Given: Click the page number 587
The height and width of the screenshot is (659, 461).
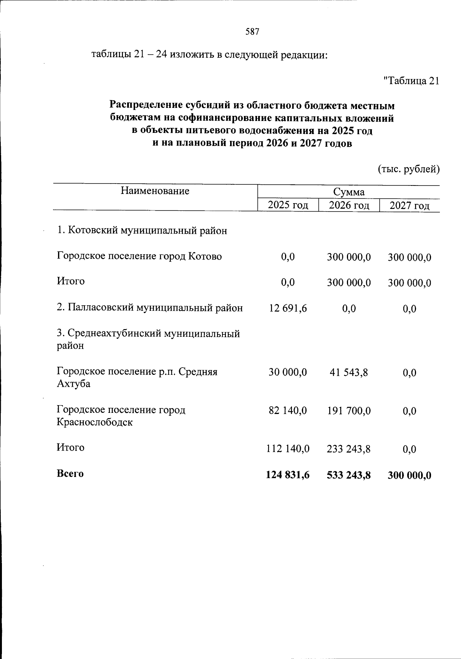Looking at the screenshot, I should pos(252,32).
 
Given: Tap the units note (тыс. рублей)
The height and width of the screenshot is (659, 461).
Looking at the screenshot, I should pos(408,169).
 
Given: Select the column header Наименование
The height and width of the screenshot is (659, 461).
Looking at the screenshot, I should pos(155,191).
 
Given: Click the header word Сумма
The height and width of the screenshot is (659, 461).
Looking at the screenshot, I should pos(348,192).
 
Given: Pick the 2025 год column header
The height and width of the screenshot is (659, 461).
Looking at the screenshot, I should pos(288,205).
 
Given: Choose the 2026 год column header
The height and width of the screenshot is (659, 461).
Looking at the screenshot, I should pos(349,205).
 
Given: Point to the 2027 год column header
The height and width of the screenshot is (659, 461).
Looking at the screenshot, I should pos(410,206).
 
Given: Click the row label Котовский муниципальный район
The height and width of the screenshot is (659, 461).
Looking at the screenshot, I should pos(142,231).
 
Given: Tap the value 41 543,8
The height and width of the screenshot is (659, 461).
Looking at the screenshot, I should pos(349,372).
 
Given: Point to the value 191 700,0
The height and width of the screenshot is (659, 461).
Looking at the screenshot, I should pos(349,411).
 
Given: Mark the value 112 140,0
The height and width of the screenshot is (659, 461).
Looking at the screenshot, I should pos(288,449).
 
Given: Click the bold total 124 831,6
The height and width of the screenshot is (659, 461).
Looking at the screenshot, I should pos(288,475).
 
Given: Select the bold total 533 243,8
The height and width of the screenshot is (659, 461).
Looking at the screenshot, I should pos(349,475).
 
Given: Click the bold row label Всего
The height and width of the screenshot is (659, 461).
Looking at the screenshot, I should pos(70,474).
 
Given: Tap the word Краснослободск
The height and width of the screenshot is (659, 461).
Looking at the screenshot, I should pos(95,422).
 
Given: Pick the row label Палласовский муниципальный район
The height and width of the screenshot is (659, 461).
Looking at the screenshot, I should pos(150,308).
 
